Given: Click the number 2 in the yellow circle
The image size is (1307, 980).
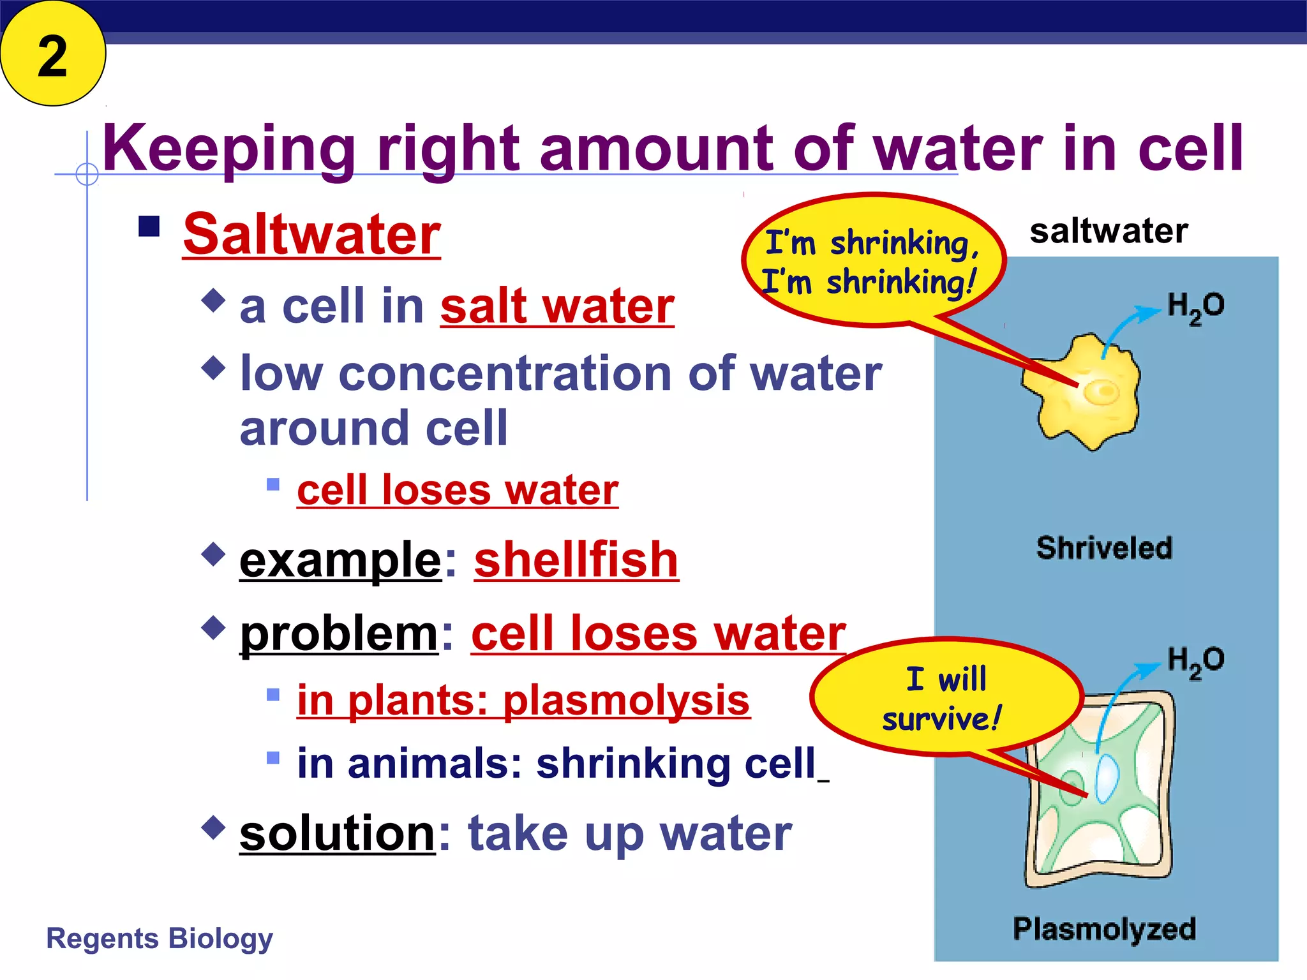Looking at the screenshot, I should pos(52,56).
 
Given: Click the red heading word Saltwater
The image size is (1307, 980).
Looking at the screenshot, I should pos(311,235).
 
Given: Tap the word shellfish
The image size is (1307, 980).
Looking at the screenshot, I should pos(576,560).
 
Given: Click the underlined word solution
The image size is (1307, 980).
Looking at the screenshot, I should pos(337,833).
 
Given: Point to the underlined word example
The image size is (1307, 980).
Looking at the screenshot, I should pos(340,560).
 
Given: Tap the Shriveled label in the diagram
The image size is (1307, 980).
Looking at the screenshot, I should pos(1104,548).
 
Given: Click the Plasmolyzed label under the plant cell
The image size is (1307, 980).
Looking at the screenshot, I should pos(1104,929).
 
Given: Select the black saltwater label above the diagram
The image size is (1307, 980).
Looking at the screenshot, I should pos(1109,231).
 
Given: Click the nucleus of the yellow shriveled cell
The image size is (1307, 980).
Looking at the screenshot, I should pos(1102,392).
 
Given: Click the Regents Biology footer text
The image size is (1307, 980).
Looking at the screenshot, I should pos(160,939).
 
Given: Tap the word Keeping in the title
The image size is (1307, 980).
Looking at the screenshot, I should pos(228,149).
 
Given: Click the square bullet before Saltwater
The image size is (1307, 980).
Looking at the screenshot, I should pos(149,226).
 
